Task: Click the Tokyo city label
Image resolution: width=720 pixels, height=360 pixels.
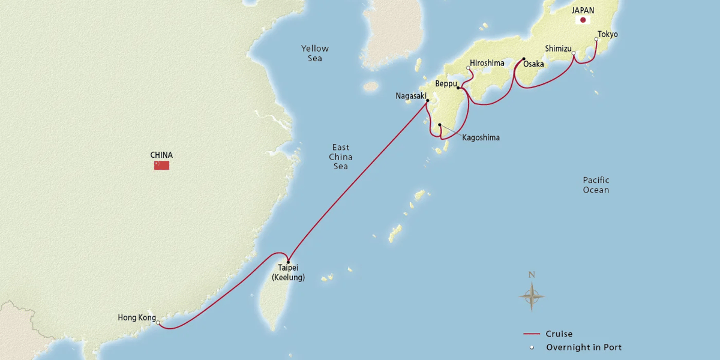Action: (x=608, y=34)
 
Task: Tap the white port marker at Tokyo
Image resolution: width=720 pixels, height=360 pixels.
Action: (x=596, y=40)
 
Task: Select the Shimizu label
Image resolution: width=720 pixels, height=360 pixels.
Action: (x=558, y=48)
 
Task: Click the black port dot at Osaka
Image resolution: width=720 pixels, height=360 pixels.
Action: (x=524, y=59)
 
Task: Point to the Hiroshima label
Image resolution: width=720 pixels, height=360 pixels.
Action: (x=487, y=62)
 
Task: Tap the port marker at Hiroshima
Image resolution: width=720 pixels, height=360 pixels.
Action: (x=469, y=68)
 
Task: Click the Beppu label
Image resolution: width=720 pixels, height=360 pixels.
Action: (x=446, y=84)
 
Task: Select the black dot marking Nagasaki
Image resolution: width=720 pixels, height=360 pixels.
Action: (x=427, y=101)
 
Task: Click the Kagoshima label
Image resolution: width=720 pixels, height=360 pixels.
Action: (x=481, y=137)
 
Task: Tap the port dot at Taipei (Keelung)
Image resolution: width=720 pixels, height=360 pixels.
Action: (x=288, y=262)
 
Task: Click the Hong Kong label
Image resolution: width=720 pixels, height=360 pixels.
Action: (x=137, y=318)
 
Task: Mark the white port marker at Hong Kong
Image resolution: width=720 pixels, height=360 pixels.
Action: (x=158, y=323)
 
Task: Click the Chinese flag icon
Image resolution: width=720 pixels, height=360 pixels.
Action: (x=161, y=166)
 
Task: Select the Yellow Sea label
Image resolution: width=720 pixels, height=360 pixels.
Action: (x=315, y=53)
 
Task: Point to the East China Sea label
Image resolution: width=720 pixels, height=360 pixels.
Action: (x=341, y=157)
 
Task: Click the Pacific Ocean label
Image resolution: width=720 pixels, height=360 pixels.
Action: (x=596, y=185)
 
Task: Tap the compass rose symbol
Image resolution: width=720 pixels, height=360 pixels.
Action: (x=532, y=295)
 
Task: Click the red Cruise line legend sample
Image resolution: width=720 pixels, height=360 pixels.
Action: (x=532, y=334)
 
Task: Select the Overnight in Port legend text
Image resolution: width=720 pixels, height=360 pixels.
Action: (x=583, y=347)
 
